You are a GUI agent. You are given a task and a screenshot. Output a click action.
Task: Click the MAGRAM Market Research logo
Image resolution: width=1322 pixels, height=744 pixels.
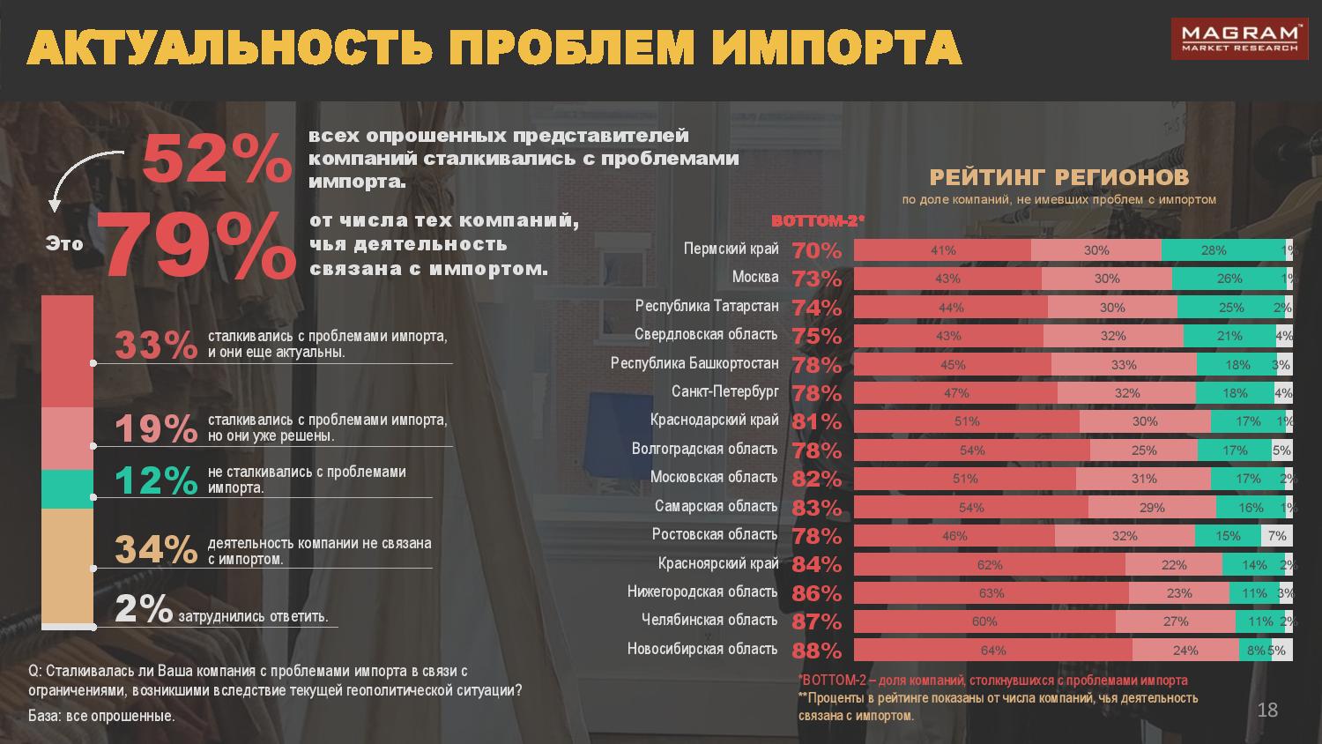coord(1237,41)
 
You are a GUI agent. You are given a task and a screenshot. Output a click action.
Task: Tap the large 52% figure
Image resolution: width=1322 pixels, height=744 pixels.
coord(216,159)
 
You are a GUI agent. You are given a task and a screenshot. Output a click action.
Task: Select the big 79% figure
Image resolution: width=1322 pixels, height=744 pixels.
coord(197,244)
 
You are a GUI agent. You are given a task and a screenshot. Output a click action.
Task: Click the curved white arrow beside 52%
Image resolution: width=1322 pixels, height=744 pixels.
coord(79,176)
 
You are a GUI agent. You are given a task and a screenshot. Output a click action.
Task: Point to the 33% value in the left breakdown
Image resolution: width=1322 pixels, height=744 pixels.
coord(156,345)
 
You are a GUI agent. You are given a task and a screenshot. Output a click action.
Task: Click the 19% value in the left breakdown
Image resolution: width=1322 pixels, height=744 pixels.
coord(156,428)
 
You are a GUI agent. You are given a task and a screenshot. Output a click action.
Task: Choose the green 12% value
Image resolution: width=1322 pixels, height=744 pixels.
coord(156,480)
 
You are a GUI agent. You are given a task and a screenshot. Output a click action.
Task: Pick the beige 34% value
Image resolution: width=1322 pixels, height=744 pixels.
coord(156,550)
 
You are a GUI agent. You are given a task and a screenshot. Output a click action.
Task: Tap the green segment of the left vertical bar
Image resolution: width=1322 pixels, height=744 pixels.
coord(67,488)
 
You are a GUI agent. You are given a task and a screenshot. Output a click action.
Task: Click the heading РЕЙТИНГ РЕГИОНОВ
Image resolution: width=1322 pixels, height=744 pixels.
coord(1059,177)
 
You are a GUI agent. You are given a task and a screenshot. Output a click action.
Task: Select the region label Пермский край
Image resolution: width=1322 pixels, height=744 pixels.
coord(731,249)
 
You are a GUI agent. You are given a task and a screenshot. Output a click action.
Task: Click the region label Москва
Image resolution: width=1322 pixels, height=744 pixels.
coord(755,278)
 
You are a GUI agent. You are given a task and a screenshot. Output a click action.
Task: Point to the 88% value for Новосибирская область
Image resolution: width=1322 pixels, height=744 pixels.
coord(817,651)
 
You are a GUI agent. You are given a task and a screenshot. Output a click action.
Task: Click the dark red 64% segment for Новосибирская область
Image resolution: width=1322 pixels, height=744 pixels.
coord(992,651)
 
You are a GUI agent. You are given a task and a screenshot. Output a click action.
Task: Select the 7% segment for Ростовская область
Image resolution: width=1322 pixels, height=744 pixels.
coord(1277,536)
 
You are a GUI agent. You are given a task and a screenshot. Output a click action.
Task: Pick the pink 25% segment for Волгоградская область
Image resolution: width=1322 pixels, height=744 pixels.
coord(1144,450)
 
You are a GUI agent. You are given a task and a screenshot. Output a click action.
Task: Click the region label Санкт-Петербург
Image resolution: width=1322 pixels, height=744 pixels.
coord(724,391)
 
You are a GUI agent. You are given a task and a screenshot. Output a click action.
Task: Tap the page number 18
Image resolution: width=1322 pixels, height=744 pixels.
coord(1267,710)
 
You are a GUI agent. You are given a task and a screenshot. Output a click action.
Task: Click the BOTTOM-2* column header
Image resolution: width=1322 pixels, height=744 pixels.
coord(818,221)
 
